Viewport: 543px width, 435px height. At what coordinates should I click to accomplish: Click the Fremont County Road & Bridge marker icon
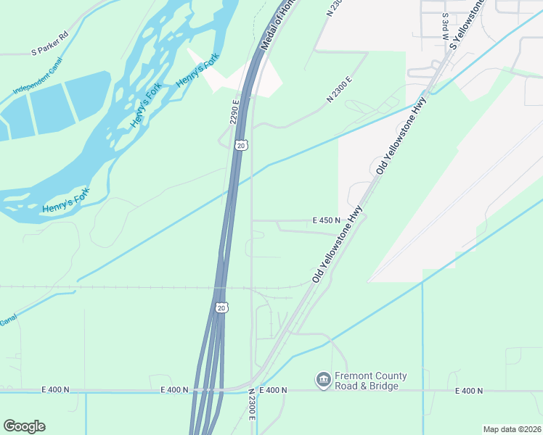click(323, 379)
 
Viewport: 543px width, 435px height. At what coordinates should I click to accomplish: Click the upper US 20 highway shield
click(242, 145)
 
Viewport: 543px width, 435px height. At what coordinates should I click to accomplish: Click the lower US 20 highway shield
click(222, 307)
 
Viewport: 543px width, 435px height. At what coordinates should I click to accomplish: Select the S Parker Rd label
click(49, 52)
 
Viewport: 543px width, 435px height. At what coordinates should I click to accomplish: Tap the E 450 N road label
click(327, 220)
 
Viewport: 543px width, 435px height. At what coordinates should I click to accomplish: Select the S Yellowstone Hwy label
click(467, 24)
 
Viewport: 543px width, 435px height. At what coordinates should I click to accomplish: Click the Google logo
click(24, 426)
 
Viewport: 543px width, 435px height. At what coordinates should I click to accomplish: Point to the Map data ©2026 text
click(512, 429)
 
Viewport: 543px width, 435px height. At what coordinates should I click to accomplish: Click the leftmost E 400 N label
click(57, 390)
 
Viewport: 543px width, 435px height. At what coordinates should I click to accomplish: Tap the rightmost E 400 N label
click(469, 391)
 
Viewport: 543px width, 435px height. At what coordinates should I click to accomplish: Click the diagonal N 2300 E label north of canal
click(340, 88)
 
